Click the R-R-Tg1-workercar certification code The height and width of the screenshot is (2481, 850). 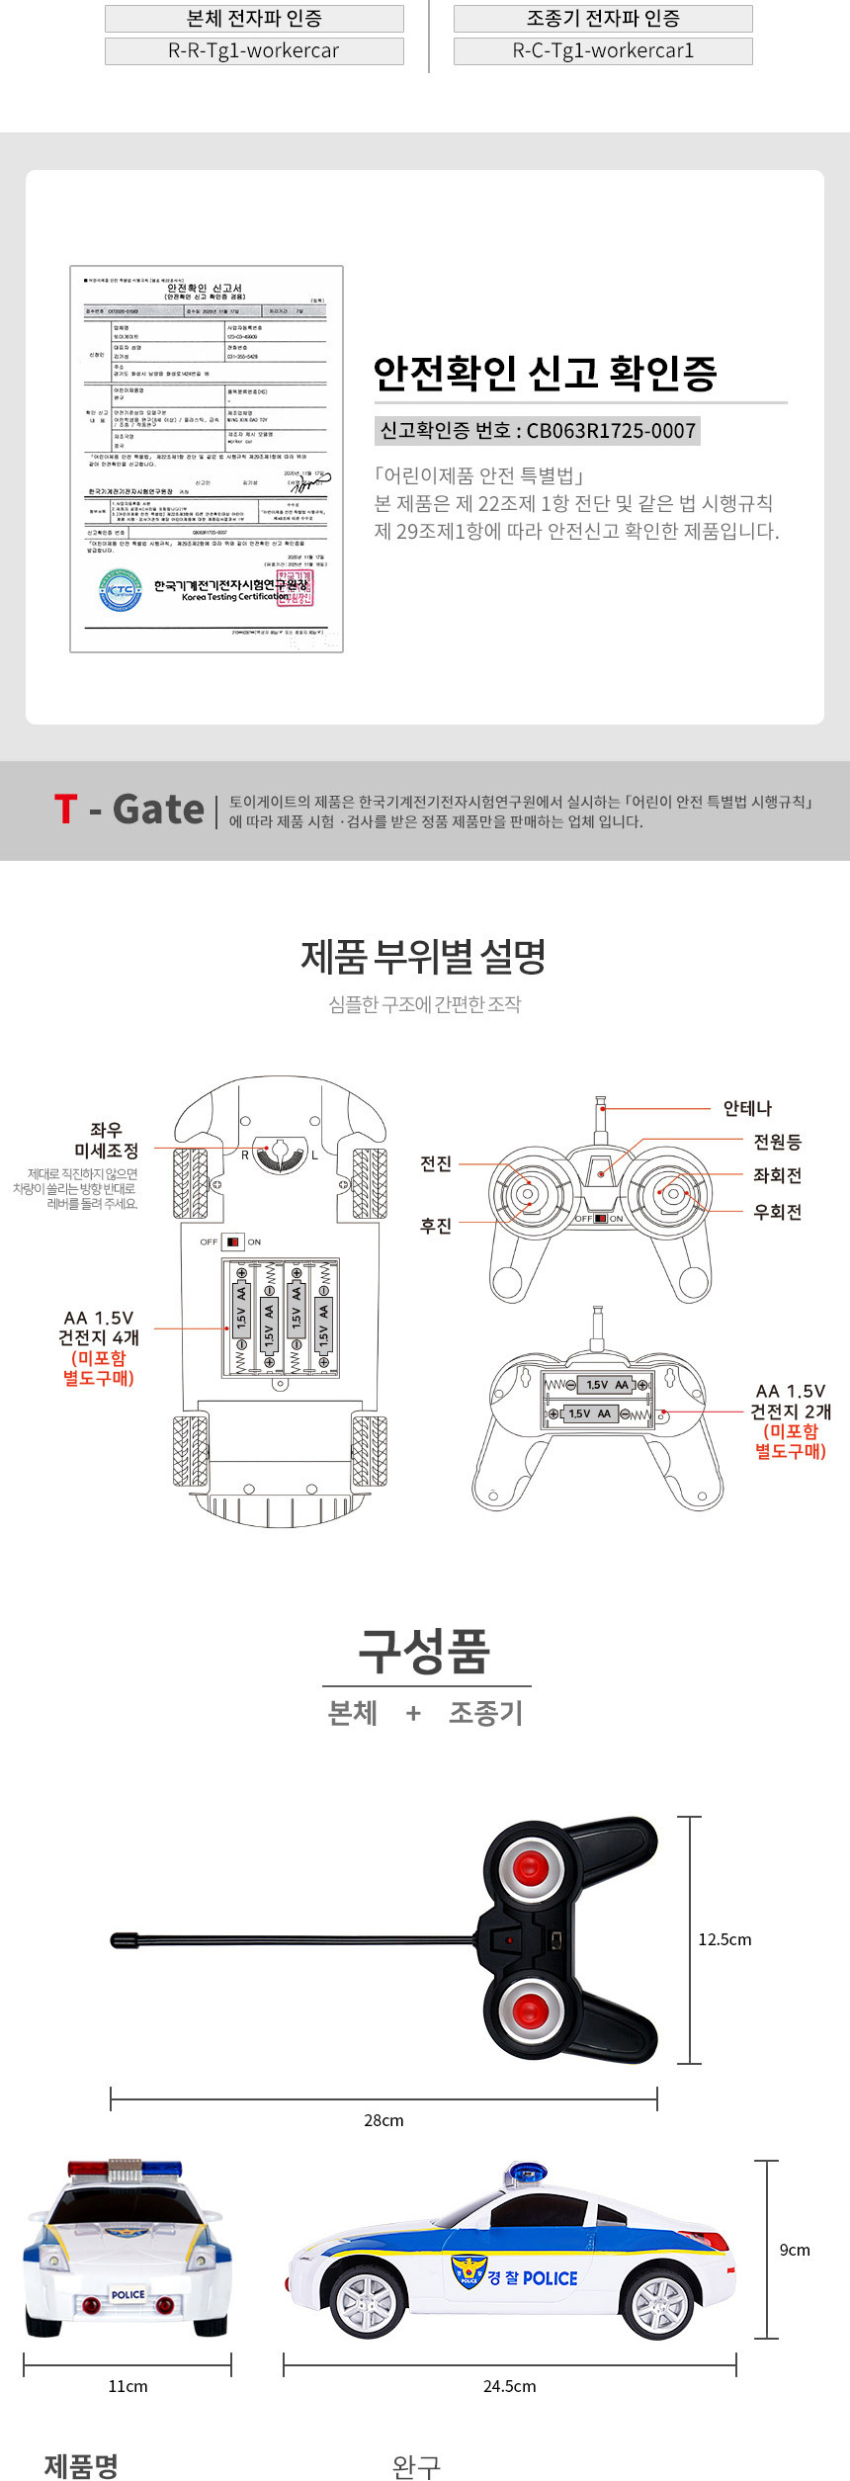click(254, 51)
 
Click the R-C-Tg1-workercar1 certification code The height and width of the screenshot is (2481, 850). click(603, 51)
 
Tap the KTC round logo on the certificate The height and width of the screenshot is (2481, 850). click(120, 590)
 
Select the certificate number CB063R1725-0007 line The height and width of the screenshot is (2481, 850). click(538, 431)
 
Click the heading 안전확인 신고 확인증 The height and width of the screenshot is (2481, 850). click(545, 374)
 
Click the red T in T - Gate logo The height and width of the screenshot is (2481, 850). click(65, 810)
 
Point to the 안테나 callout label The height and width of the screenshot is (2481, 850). click(747, 1108)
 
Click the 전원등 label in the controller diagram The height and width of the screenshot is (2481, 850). click(777, 1142)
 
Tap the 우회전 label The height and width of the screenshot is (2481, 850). click(777, 1212)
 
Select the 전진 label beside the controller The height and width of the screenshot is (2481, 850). click(436, 1163)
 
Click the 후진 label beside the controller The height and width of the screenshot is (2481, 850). click(436, 1226)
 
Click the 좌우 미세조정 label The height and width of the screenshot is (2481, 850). click(106, 1141)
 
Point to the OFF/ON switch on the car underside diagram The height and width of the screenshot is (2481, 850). click(232, 1241)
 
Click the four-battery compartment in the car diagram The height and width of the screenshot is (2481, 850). click(281, 1318)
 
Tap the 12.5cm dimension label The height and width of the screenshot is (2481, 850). click(724, 1939)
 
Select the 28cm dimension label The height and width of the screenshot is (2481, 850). click(383, 2120)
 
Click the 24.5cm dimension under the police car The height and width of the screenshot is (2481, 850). click(509, 2386)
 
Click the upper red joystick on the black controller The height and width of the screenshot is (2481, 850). click(530, 1866)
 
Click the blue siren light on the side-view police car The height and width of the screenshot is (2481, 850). click(526, 2175)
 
